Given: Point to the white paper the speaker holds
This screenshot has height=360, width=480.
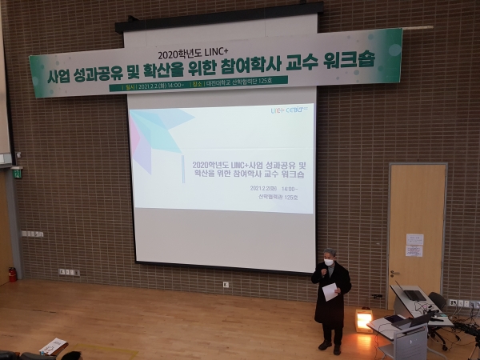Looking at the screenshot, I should click(x=330, y=291).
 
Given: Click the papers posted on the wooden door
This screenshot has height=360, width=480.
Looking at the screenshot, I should click(x=414, y=245).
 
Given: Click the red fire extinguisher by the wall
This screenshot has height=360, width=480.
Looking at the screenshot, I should click(x=12, y=274).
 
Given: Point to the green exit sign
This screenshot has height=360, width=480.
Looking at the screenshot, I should click(x=16, y=173).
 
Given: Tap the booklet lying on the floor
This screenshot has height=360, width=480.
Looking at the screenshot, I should click(x=54, y=346).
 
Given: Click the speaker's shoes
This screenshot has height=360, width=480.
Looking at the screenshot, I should click(x=330, y=347).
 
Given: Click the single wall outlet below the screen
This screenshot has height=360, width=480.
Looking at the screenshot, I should click(x=226, y=284).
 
